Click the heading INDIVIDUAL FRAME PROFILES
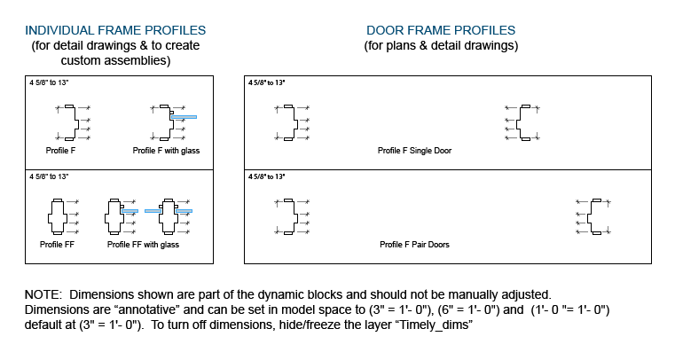[x=115, y=30]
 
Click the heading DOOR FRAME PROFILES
[x=441, y=30]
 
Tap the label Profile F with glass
[x=166, y=151]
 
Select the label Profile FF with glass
[x=143, y=245]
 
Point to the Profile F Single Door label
[x=414, y=151]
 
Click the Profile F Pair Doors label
[x=414, y=245]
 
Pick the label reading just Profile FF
[x=57, y=245]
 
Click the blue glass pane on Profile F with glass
[x=184, y=117]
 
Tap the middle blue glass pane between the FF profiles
[x=153, y=211]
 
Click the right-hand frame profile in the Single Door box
[x=523, y=122]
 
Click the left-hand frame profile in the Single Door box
[x=291, y=122]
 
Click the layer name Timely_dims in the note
[x=434, y=325]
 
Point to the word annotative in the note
[x=148, y=309]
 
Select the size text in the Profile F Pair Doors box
[x=266, y=176]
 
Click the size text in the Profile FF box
[x=49, y=176]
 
